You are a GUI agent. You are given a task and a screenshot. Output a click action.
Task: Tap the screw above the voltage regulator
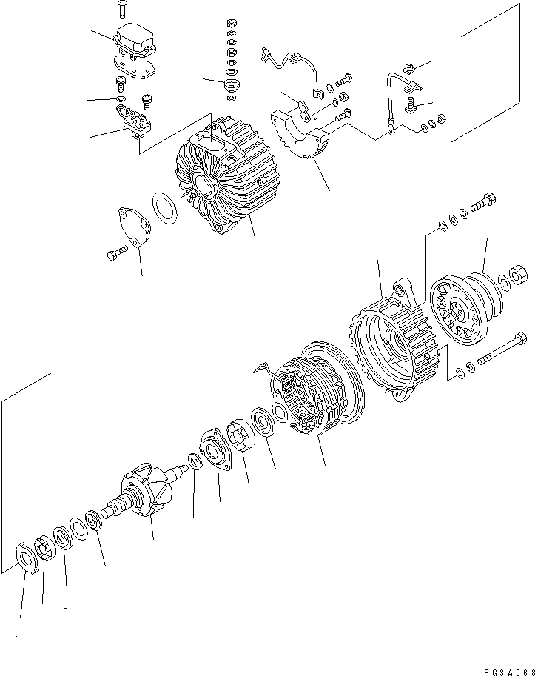pos(123,8)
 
